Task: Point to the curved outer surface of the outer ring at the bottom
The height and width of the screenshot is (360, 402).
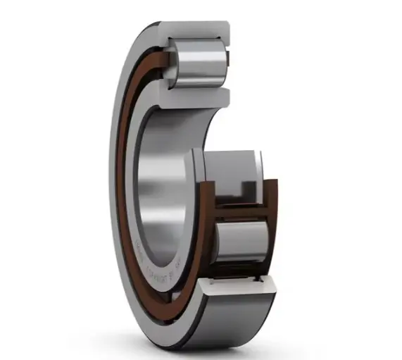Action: [x=232, y=317]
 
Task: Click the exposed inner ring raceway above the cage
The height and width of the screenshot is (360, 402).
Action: [x=225, y=166]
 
